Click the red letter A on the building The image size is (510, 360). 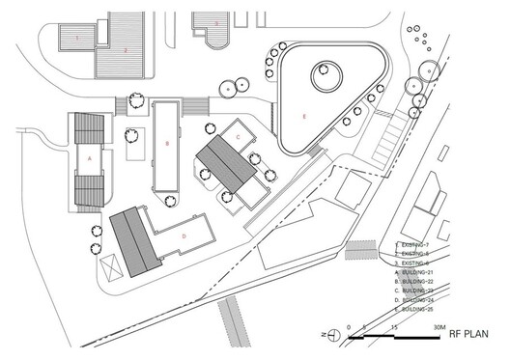90,154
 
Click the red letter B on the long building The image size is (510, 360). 167,144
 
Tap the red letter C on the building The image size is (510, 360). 238,138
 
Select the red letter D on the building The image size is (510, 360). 184,234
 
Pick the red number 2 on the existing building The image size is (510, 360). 125,47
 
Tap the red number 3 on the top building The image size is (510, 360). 217,21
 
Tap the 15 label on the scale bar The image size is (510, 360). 393,327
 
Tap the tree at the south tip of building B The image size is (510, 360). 170,202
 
